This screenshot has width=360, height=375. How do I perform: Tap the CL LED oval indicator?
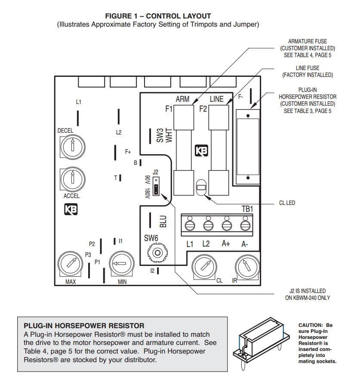point(200,187)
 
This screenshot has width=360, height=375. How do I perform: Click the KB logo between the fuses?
point(201,151)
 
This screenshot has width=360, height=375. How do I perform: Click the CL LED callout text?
point(287,203)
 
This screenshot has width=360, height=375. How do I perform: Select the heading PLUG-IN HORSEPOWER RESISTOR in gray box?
point(84,326)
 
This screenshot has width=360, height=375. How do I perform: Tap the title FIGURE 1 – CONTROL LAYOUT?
point(158,16)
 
